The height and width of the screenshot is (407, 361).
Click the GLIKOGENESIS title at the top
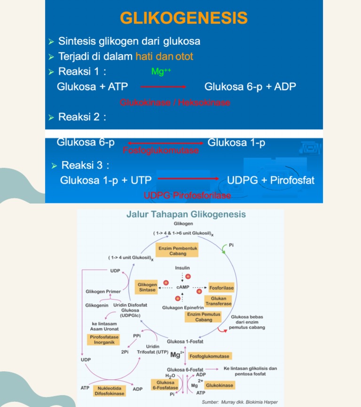[184, 18]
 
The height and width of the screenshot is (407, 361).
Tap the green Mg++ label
[161, 71]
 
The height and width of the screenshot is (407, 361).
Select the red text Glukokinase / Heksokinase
[175, 102]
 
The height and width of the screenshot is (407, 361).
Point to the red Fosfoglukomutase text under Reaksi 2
[161, 150]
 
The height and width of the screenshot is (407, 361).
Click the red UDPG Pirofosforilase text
[188, 196]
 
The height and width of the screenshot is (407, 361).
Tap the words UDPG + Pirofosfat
[271, 180]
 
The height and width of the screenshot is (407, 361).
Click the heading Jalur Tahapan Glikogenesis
[186, 214]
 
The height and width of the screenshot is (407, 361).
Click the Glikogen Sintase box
[147, 287]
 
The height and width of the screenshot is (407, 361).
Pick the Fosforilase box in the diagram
[221, 288]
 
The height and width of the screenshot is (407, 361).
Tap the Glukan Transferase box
[219, 301]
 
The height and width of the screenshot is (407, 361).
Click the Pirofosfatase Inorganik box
[104, 339]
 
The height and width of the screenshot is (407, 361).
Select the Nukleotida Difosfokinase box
[110, 391]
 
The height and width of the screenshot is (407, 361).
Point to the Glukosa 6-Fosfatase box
[165, 385]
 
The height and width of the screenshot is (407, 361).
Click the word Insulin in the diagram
[182, 268]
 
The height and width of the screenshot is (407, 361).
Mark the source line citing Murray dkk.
[240, 402]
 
